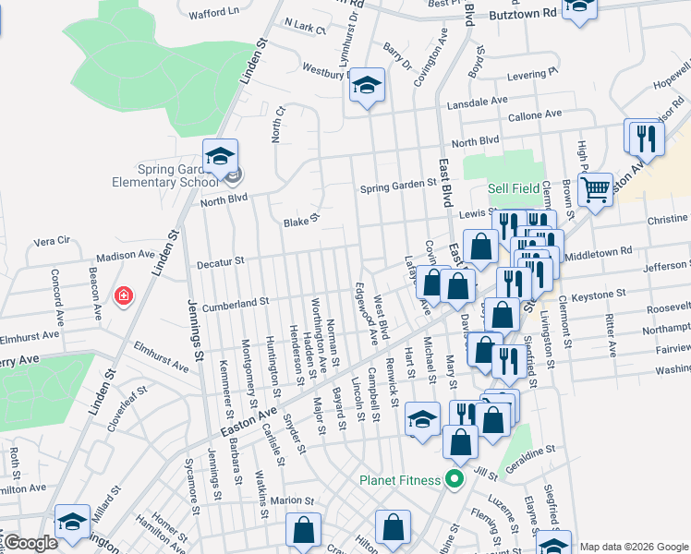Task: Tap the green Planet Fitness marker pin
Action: [454, 480]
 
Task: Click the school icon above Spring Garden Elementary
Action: [221, 157]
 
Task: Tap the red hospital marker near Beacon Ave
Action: [123, 295]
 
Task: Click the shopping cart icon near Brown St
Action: [596, 190]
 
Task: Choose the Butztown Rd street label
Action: [524, 14]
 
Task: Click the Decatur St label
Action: [220, 262]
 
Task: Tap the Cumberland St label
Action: [236, 301]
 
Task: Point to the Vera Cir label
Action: [52, 241]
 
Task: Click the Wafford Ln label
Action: [213, 12]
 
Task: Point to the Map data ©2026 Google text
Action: [633, 547]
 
